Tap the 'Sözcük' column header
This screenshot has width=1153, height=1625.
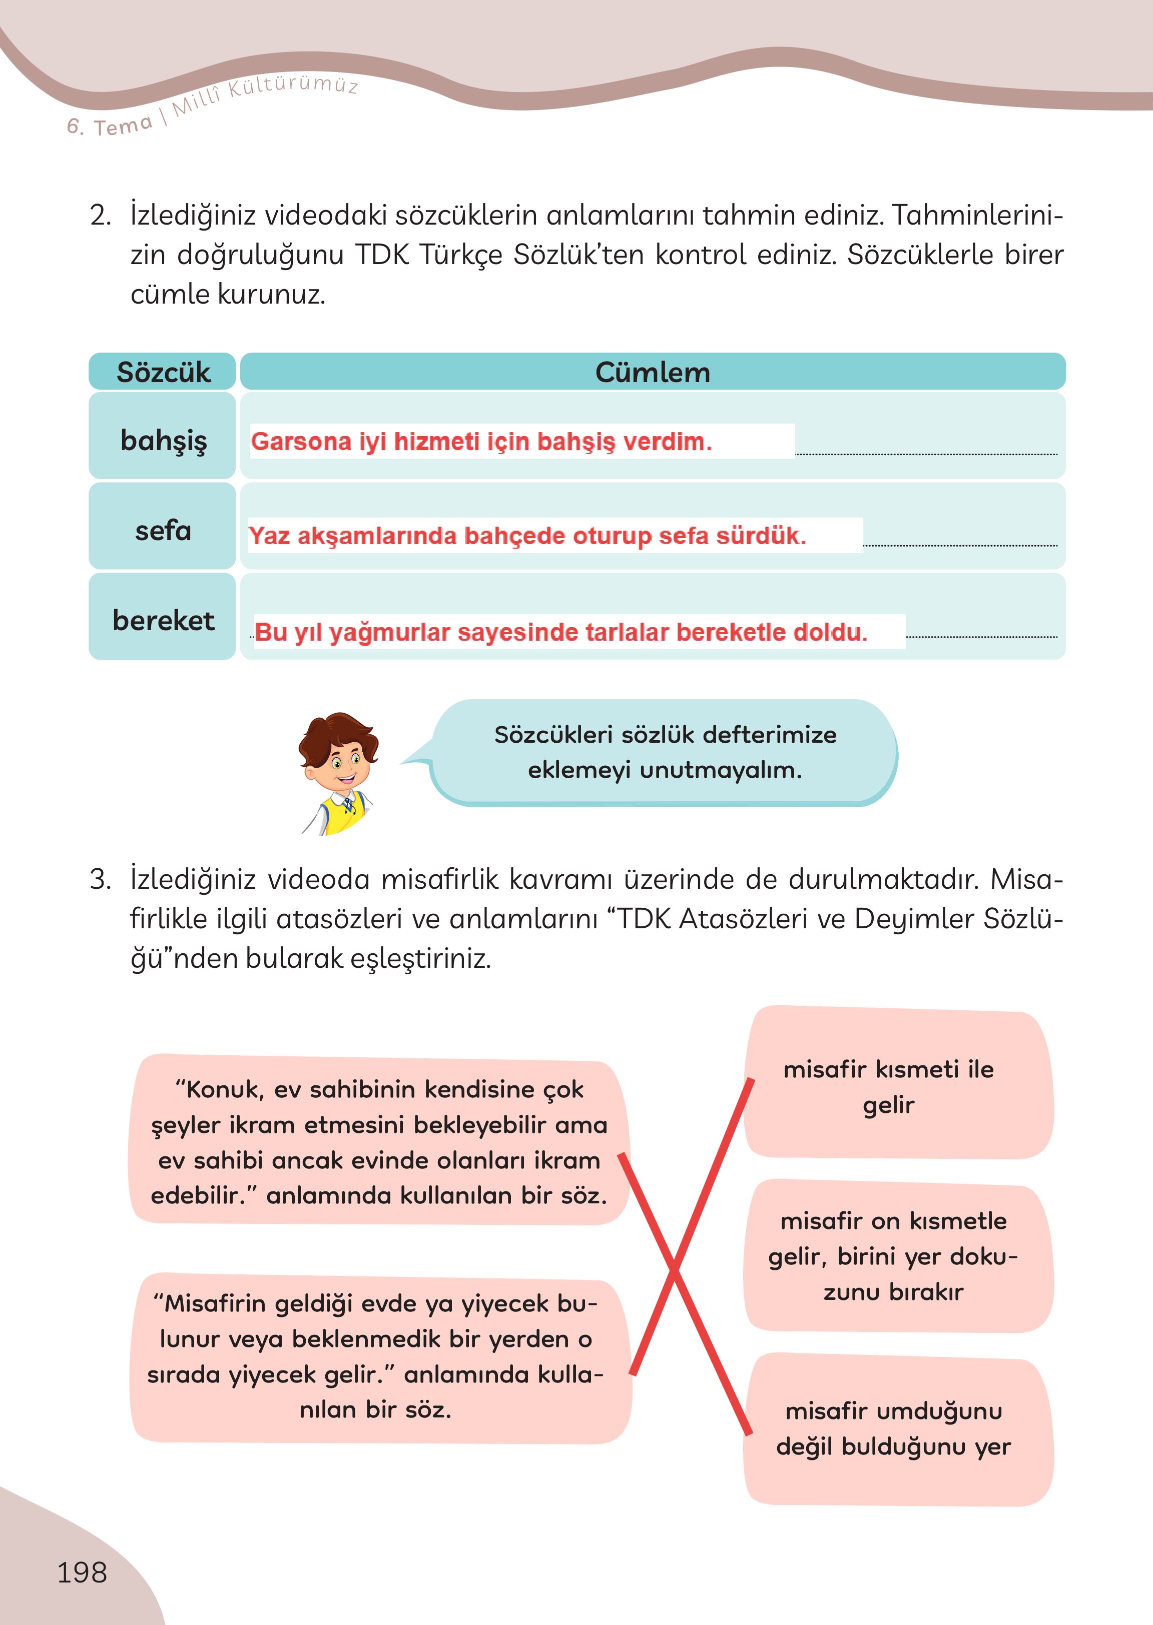coord(163,372)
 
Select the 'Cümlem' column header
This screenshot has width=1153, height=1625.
coord(652,372)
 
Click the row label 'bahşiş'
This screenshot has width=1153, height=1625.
coord(163,440)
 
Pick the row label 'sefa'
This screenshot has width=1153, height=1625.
coord(163,531)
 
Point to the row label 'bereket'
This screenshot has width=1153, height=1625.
coord(163,621)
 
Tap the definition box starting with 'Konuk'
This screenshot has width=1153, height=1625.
coord(378,1142)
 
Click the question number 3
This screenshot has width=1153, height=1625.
coord(100,880)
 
